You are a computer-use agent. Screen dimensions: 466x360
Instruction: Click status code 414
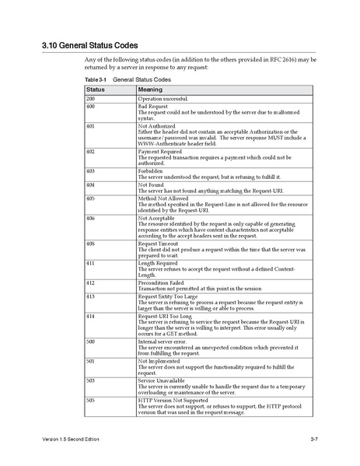click(90, 317)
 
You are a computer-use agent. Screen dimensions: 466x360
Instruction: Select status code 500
click(90, 341)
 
